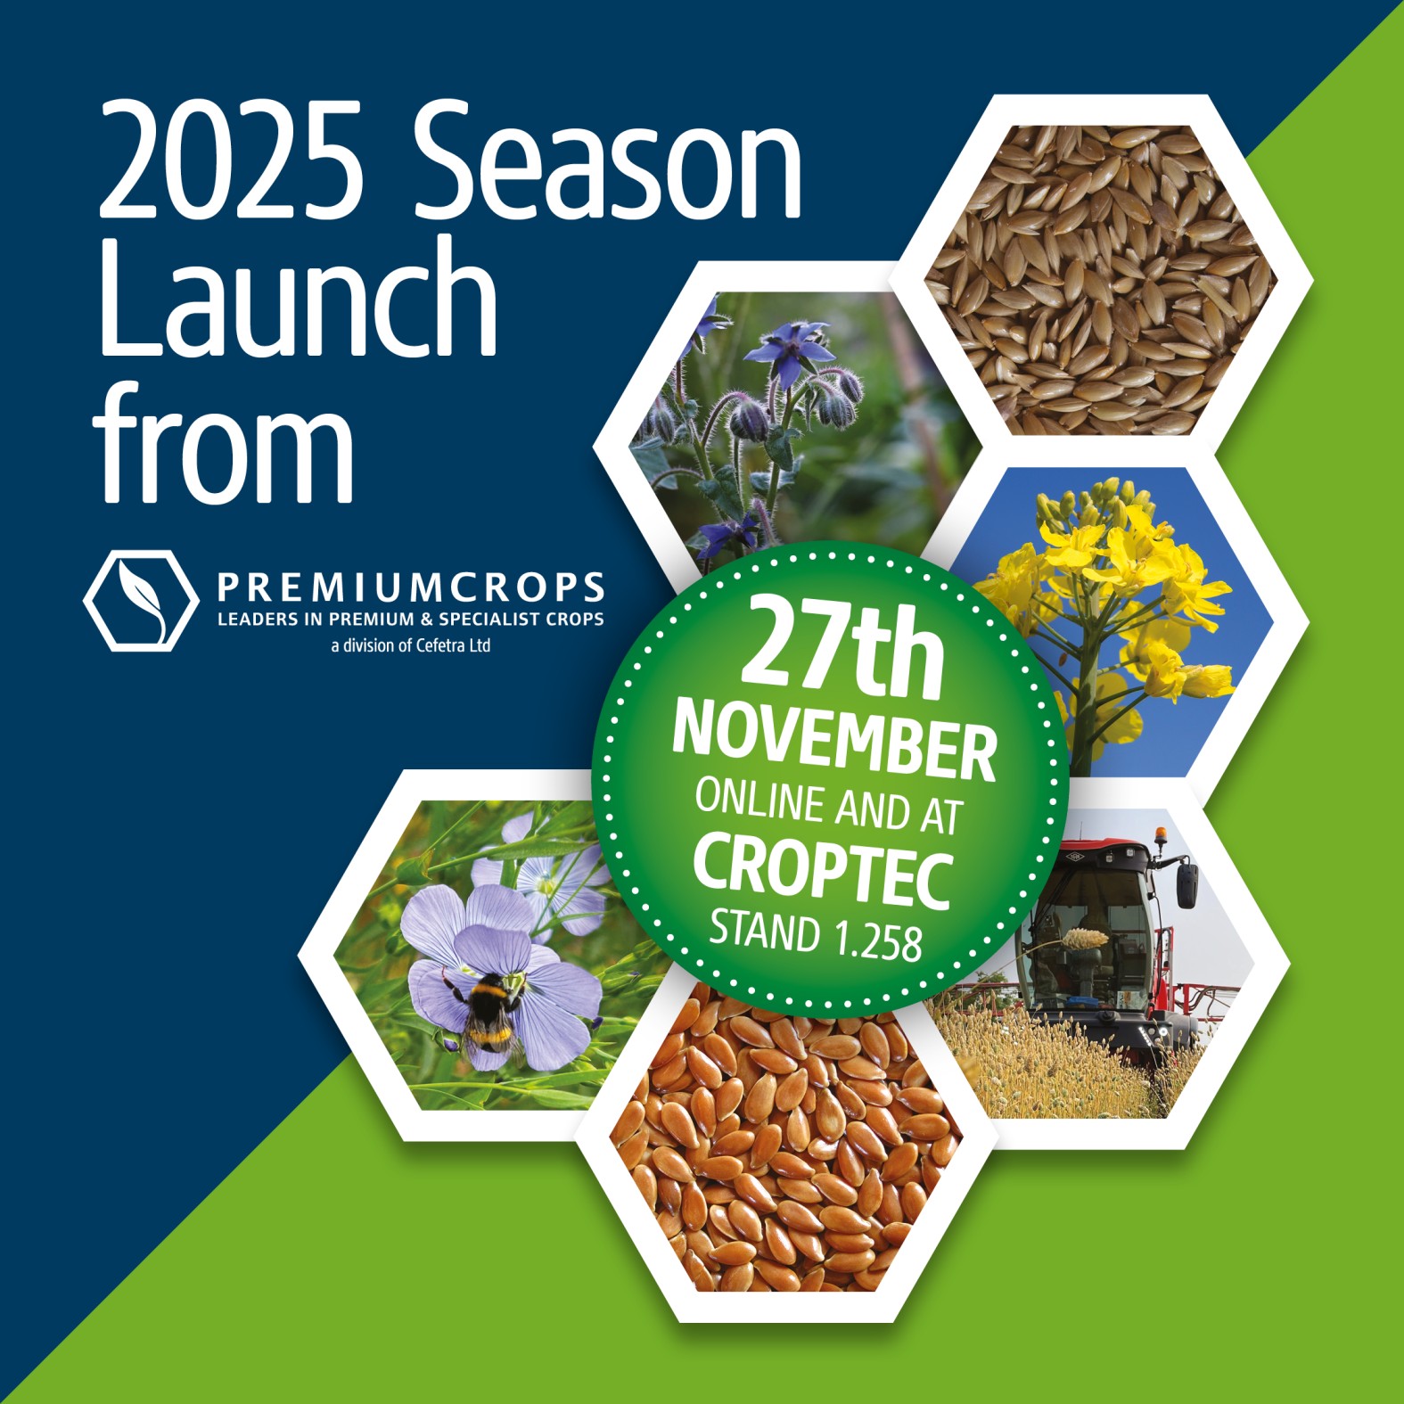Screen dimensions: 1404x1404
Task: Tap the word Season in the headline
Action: click(x=606, y=160)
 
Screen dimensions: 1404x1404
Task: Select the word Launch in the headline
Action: click(x=298, y=296)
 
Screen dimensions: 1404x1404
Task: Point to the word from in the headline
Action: click(x=223, y=440)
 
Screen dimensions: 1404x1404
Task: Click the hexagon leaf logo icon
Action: click(x=141, y=600)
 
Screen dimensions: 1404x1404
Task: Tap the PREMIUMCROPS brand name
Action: click(x=411, y=588)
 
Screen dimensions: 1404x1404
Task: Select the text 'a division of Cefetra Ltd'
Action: click(x=411, y=645)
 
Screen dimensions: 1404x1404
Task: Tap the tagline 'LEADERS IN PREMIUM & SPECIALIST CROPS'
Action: click(x=411, y=620)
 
